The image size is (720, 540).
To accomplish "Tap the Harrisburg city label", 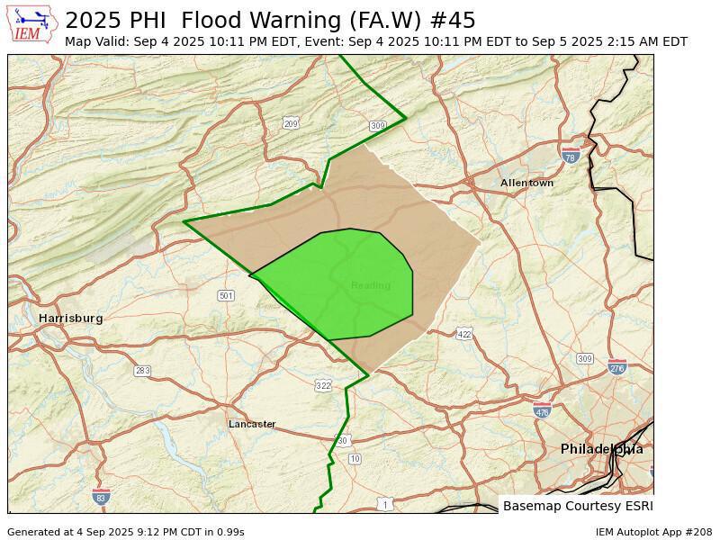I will (x=70, y=319).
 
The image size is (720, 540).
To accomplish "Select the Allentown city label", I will (x=526, y=184).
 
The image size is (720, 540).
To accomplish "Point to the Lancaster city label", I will (x=252, y=424).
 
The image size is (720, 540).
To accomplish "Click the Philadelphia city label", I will (x=601, y=449).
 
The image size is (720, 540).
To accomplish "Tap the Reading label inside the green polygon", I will (x=371, y=286).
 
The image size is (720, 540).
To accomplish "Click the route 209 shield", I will (x=291, y=123).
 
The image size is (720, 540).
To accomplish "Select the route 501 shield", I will (x=226, y=296).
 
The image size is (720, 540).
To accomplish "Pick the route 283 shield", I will (x=142, y=371).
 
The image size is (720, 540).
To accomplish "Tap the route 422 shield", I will (x=463, y=334).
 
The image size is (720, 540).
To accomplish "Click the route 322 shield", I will (x=323, y=385).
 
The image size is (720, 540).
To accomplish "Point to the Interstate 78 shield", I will (x=570, y=157).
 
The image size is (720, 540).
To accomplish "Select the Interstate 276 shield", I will (x=616, y=367).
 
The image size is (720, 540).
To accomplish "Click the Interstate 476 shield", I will (x=542, y=412).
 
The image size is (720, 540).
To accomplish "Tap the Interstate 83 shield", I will (x=101, y=497).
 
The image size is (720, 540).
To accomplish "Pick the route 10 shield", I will (x=355, y=459).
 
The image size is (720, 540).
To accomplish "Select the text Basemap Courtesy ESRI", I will (x=578, y=506).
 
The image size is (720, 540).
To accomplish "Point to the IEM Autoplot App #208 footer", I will (x=653, y=532).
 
